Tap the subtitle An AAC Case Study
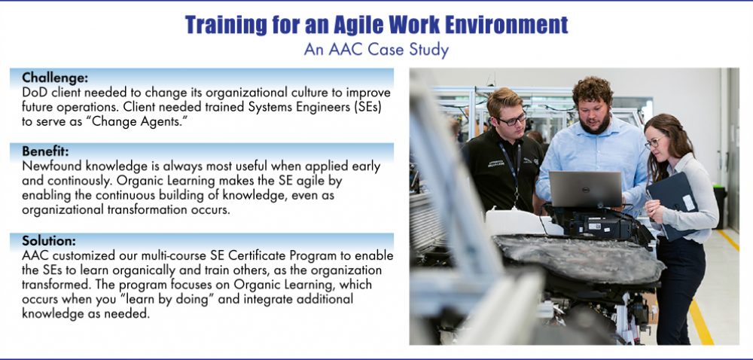point(376,50)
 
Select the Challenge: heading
point(55,78)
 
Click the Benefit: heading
point(45,151)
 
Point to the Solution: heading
point(48,241)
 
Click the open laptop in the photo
point(585,189)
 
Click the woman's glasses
point(654,142)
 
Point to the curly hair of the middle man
point(593,90)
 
